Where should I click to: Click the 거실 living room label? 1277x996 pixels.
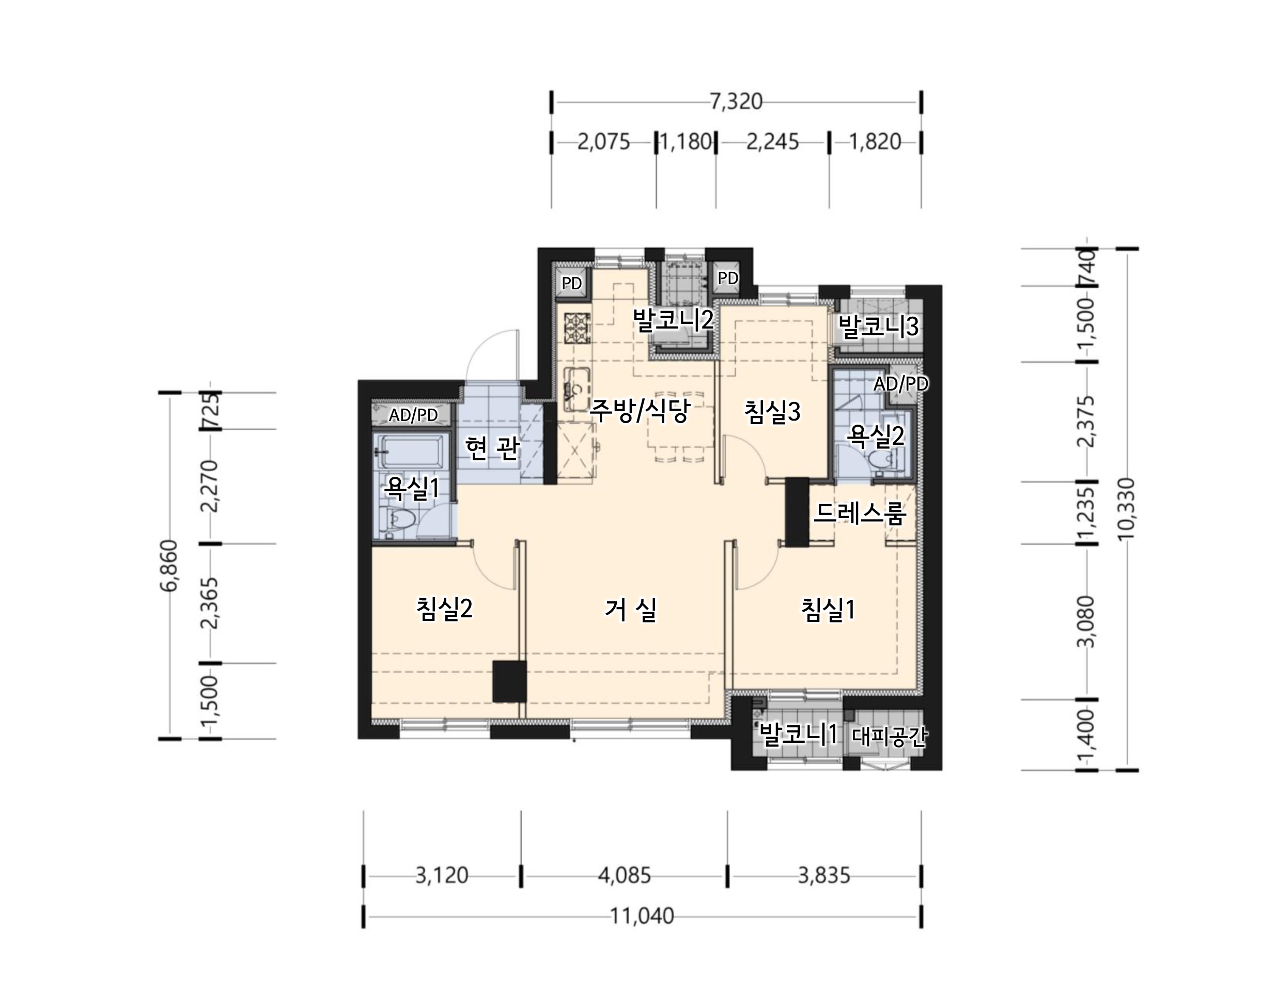(630, 610)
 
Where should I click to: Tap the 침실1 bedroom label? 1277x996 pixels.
(828, 610)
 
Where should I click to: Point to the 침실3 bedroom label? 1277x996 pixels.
(772, 412)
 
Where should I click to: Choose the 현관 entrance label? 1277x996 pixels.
(492, 448)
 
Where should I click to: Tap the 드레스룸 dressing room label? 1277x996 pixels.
(860, 513)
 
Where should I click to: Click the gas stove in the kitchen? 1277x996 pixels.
(577, 329)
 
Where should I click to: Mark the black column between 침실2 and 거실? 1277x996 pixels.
(510, 681)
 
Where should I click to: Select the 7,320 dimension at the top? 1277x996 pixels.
(736, 102)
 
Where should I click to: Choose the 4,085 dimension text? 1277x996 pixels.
(624, 876)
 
